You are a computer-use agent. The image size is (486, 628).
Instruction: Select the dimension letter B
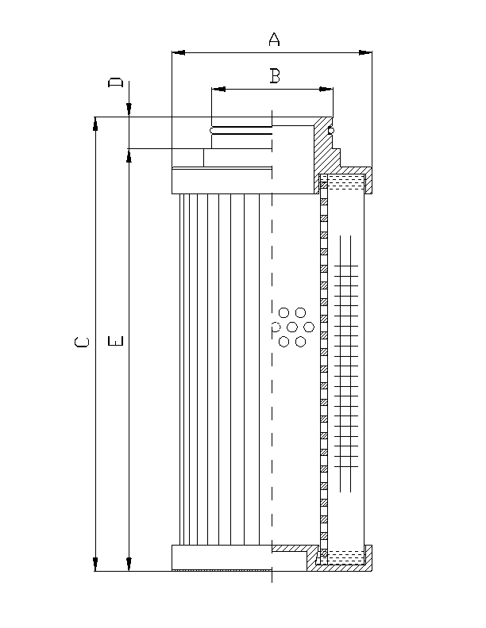[x=274, y=76]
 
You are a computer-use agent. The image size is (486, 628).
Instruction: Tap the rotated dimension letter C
[x=81, y=343]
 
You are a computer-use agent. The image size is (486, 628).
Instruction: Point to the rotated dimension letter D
[x=116, y=82]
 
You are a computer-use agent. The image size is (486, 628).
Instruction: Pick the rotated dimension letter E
[x=116, y=343]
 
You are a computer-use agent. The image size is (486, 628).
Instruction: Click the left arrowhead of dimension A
[x=178, y=53]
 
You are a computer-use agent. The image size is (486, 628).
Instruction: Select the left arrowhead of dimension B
[x=218, y=90]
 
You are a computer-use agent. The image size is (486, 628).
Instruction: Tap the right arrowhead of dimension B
[x=327, y=90]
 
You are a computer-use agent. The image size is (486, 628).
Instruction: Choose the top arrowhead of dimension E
[x=129, y=154]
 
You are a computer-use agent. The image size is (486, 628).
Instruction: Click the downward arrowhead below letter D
[x=129, y=112]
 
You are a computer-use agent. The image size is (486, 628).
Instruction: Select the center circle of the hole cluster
[x=292, y=327]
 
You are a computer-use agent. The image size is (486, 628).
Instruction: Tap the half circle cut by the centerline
[x=275, y=327]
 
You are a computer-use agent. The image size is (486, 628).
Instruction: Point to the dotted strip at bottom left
[x=222, y=569]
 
